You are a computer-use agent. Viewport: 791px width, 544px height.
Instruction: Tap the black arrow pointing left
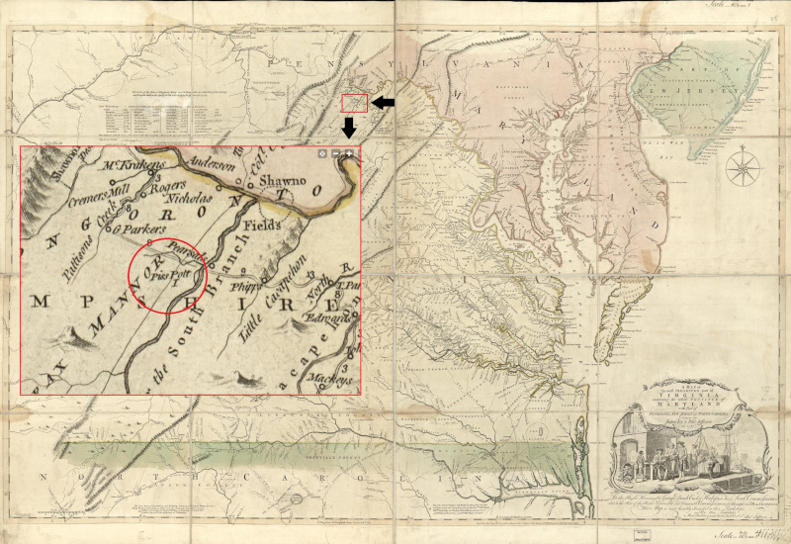pyautogui.click(x=385, y=103)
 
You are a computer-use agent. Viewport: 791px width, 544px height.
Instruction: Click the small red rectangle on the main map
pyautogui.click(x=354, y=102)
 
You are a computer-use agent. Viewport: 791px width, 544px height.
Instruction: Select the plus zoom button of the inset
pyautogui.click(x=350, y=154)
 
